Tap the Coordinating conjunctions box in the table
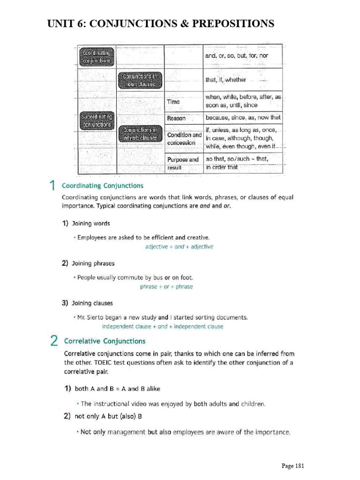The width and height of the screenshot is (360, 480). click(97, 56)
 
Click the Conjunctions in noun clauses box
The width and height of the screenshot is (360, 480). click(141, 80)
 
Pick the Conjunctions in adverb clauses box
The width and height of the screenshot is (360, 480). click(141, 134)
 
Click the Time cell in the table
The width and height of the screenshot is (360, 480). click(174, 101)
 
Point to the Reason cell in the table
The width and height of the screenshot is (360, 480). click(176, 118)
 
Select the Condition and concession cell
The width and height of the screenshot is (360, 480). click(184, 138)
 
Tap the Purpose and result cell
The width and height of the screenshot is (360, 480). click(183, 163)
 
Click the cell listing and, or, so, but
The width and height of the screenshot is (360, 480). click(237, 55)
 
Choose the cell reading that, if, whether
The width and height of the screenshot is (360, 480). click(225, 80)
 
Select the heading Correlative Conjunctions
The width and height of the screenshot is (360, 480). click(105, 341)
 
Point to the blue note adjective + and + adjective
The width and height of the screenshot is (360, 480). click(179, 247)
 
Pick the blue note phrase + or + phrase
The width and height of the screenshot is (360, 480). click(166, 286)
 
